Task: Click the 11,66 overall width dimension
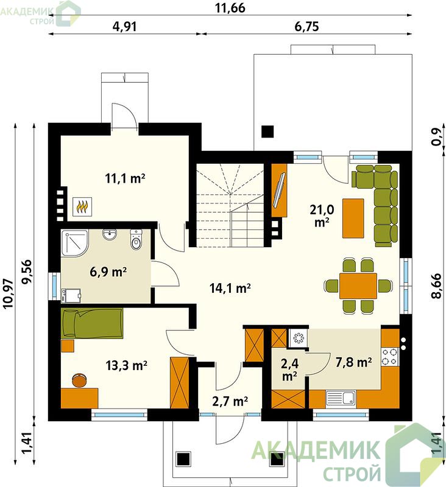pyautogui.click(x=230, y=8)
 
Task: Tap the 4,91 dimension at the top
pyautogui.click(x=124, y=27)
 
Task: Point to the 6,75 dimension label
pyautogui.click(x=306, y=27)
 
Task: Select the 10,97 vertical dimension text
pyautogui.click(x=9, y=293)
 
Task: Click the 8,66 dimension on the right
pyautogui.click(x=436, y=286)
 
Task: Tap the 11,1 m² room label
pyautogui.click(x=126, y=178)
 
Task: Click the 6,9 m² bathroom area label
pyautogui.click(x=108, y=272)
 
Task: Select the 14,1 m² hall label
pyautogui.click(x=230, y=288)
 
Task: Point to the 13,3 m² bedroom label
pyautogui.click(x=127, y=366)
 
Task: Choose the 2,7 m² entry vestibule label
pyautogui.click(x=230, y=401)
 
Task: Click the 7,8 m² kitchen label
pyautogui.click(x=353, y=362)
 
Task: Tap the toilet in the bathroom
pyautogui.click(x=136, y=240)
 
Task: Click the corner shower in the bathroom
pyautogui.click(x=75, y=243)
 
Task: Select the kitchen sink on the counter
pyautogui.click(x=341, y=398)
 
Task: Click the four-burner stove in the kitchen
pyautogui.click(x=390, y=357)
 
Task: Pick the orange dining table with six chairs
pyautogui.click(x=358, y=286)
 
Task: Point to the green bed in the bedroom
pyautogui.click(x=93, y=323)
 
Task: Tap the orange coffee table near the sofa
pyautogui.click(x=353, y=219)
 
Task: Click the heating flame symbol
pyautogui.click(x=82, y=206)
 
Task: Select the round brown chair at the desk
pyautogui.click(x=79, y=380)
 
